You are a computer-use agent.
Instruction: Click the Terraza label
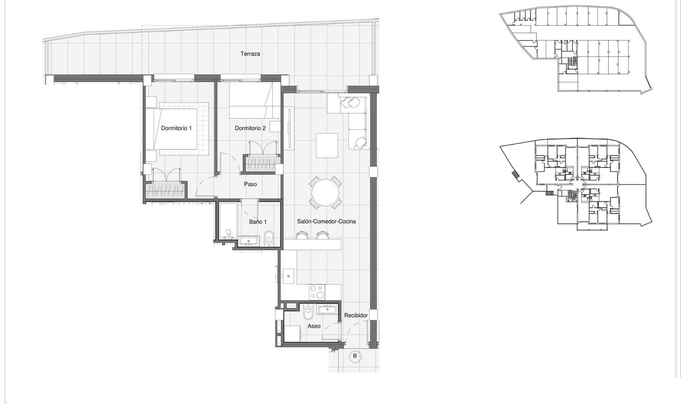[250, 54]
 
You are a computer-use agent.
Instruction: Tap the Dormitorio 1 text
[176, 128]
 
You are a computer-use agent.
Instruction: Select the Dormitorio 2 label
[250, 128]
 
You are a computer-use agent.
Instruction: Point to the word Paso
[250, 184]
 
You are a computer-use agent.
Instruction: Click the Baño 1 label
[258, 221]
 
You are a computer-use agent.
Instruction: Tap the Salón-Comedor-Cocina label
[326, 221]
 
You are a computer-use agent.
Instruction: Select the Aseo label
[314, 326]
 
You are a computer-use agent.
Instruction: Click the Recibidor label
[356, 315]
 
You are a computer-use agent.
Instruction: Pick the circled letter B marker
[355, 356]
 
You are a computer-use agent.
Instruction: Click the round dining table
[325, 193]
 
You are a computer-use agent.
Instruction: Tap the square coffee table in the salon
[327, 145]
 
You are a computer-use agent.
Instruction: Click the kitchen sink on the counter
[288, 276]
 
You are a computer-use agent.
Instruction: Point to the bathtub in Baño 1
[228, 221]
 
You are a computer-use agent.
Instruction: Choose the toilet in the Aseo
[309, 313]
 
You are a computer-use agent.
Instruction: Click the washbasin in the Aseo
[328, 310]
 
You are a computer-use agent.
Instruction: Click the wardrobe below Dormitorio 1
[166, 191]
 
